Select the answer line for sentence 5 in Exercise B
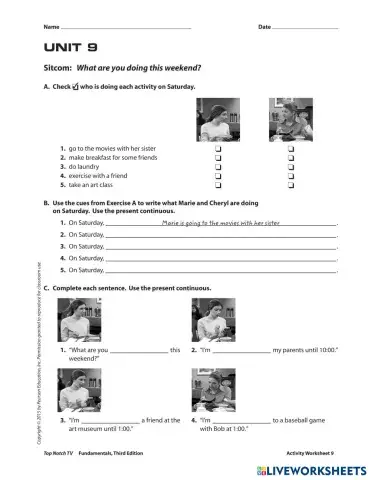tap(220, 271)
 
